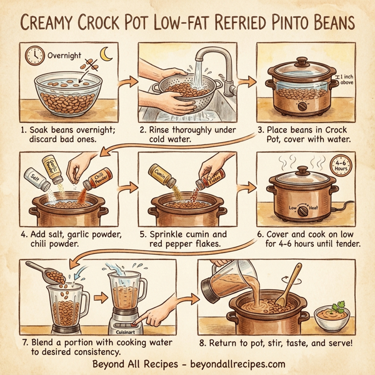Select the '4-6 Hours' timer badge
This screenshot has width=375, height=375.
click(342, 166)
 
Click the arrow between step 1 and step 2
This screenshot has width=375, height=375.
click(128, 82)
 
